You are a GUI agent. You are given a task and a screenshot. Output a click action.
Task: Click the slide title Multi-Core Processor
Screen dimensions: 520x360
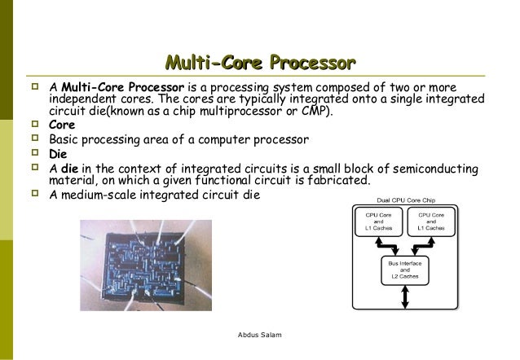260,62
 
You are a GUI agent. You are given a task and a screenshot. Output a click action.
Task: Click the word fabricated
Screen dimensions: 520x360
335,180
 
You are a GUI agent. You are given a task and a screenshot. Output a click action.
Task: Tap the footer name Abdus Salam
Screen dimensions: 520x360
259,334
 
